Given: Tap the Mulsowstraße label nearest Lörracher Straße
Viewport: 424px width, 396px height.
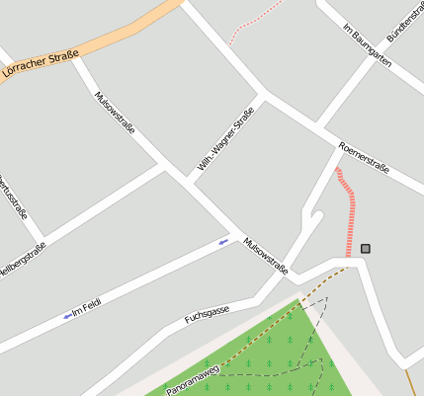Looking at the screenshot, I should pyautogui.click(x=116, y=114).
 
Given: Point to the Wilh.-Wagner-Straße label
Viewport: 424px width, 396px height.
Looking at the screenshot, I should pyautogui.click(x=225, y=139).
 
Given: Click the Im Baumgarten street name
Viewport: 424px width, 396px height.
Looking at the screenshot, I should pyautogui.click(x=367, y=44).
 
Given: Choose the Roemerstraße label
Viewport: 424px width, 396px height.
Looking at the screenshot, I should pyautogui.click(x=364, y=158).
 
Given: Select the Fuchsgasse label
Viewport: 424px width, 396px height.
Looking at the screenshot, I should pyautogui.click(x=208, y=315).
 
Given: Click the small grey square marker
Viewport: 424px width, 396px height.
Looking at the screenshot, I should pyautogui.click(x=366, y=248).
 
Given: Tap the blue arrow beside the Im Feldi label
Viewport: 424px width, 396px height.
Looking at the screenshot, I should pyautogui.click(x=67, y=315).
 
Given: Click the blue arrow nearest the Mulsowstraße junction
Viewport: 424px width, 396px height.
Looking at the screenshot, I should pyautogui.click(x=224, y=241).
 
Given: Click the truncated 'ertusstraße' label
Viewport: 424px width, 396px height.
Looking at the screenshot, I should pyautogui.click(x=14, y=197).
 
